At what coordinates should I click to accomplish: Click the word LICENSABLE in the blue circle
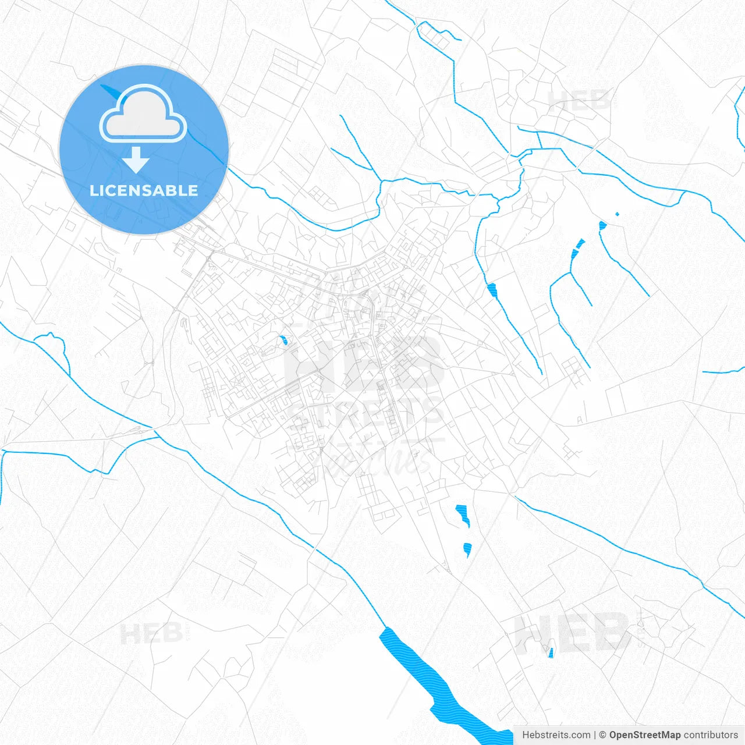(x=144, y=190)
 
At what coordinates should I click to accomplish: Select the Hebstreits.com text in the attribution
(x=556, y=735)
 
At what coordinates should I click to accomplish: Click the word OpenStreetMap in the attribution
(x=644, y=735)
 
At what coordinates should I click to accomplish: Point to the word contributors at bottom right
(x=710, y=735)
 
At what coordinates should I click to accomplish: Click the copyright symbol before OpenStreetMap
(x=602, y=735)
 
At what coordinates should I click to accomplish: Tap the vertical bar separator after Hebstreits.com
(x=594, y=735)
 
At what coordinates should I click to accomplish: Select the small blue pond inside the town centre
(x=283, y=340)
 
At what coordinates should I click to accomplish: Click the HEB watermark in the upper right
(x=579, y=100)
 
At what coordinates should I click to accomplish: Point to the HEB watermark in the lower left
(x=151, y=633)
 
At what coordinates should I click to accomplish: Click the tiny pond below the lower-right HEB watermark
(x=551, y=653)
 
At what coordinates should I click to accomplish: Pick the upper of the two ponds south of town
(x=463, y=514)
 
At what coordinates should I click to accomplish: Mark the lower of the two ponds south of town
(x=467, y=548)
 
